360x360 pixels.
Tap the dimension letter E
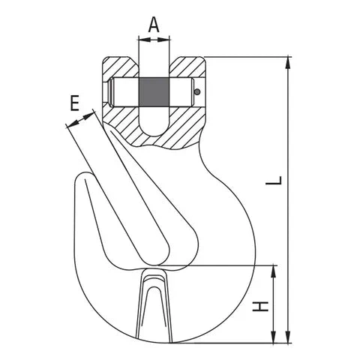[x=73, y=103]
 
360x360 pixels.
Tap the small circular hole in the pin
[x=196, y=92]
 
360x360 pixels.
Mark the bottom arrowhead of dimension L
[x=287, y=339]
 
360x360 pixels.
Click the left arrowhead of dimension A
[x=141, y=40]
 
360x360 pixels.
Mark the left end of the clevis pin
[x=110, y=93]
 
